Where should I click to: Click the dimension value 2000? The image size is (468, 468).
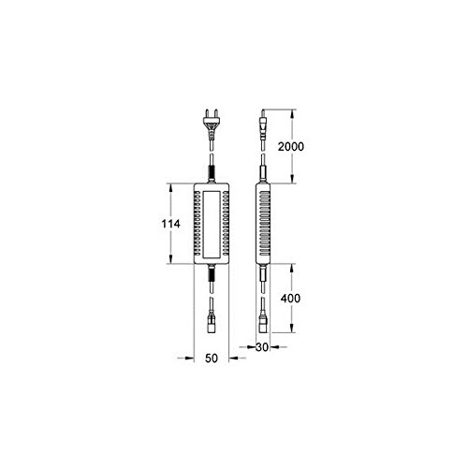point(291,146)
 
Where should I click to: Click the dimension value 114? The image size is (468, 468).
point(170,224)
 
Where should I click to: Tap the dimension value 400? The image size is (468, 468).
point(290,299)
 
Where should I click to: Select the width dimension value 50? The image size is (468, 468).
point(212,358)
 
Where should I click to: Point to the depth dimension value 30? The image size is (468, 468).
point(262,347)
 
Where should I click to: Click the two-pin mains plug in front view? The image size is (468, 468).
point(212,124)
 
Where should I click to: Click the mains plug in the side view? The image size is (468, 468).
point(263,124)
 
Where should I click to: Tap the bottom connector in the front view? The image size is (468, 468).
point(212,322)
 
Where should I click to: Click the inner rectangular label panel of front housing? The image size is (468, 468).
point(212,225)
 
